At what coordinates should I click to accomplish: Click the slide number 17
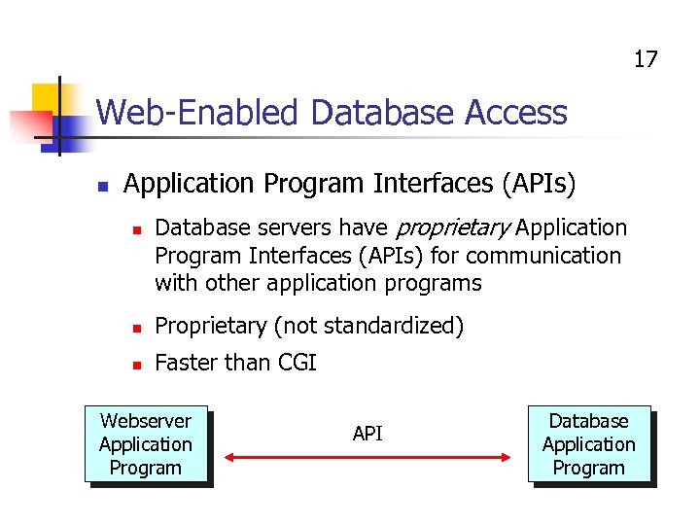(646, 59)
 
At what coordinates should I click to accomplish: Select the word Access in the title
(515, 114)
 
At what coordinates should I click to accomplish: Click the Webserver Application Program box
(146, 444)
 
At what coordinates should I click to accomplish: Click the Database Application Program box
(588, 444)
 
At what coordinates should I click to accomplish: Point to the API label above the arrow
(367, 434)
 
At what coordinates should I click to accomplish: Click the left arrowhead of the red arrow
(231, 455)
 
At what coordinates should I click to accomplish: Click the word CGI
(297, 364)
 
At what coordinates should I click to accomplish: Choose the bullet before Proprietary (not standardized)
(138, 328)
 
